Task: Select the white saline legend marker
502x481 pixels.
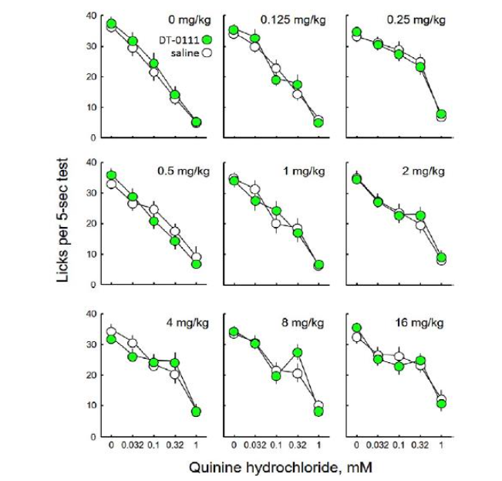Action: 206,53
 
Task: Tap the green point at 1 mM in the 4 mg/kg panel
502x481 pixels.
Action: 197,412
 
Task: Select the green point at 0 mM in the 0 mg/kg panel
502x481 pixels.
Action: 112,25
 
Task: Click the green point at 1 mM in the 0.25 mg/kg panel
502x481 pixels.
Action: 441,114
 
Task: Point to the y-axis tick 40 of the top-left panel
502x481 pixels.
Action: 92,16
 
